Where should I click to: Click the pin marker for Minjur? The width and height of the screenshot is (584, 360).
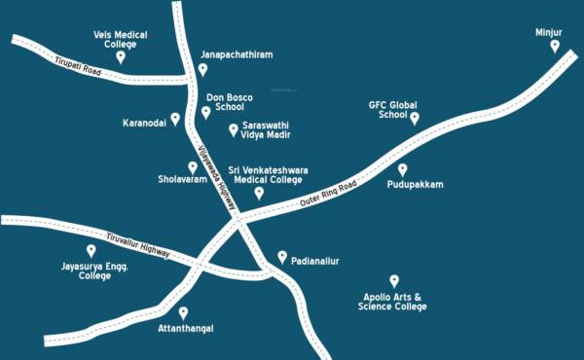pyautogui.click(x=555, y=46)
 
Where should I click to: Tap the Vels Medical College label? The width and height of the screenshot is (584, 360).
pyautogui.click(x=121, y=39)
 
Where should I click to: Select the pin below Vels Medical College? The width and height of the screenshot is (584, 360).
pyautogui.click(x=121, y=57)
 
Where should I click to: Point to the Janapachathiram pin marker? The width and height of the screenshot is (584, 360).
pyautogui.click(x=203, y=69)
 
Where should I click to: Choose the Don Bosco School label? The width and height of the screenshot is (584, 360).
pyautogui.click(x=230, y=102)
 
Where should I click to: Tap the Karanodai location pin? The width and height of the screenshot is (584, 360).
pyautogui.click(x=175, y=119)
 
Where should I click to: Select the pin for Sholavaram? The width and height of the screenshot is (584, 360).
pyautogui.click(x=193, y=167)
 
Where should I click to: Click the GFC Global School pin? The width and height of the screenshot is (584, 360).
pyautogui.click(x=415, y=119)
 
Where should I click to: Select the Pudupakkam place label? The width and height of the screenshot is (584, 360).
pyautogui.click(x=415, y=184)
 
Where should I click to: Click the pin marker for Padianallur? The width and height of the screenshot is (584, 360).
pyautogui.click(x=282, y=257)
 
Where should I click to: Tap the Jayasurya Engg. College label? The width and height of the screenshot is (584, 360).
pyautogui.click(x=95, y=270)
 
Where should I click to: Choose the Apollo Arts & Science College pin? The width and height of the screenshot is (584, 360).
pyautogui.click(x=394, y=280)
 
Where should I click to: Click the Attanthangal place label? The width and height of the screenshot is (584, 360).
pyautogui.click(x=185, y=328)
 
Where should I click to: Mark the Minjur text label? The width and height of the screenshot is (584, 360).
pyautogui.click(x=549, y=32)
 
